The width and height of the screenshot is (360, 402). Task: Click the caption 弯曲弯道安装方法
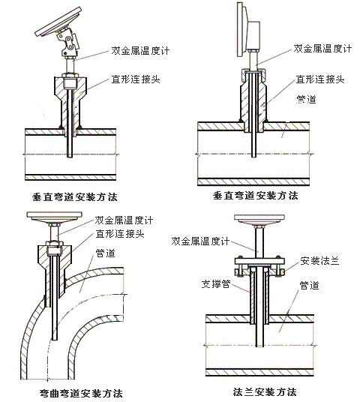[x=80, y=393]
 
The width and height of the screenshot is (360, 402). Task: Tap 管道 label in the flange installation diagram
[x=310, y=285]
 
